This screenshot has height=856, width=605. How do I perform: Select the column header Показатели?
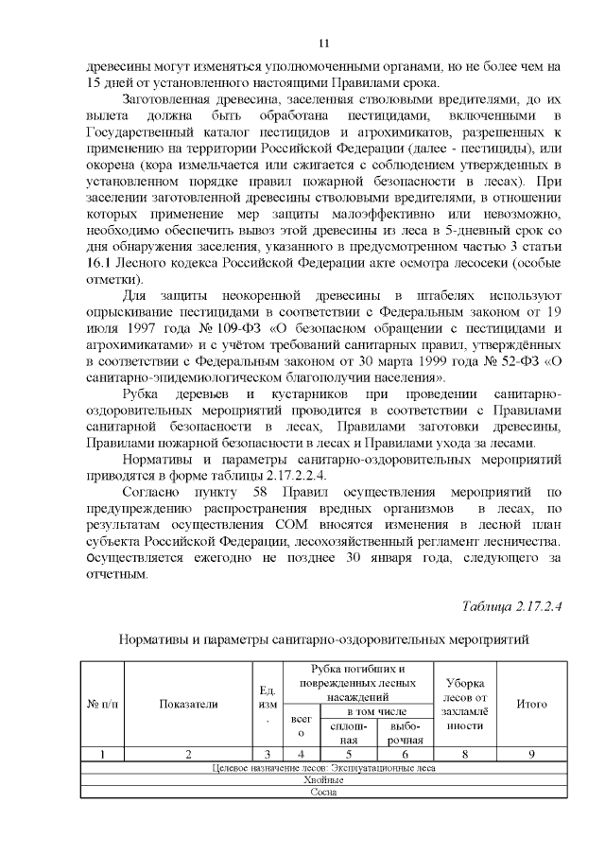(x=188, y=704)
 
